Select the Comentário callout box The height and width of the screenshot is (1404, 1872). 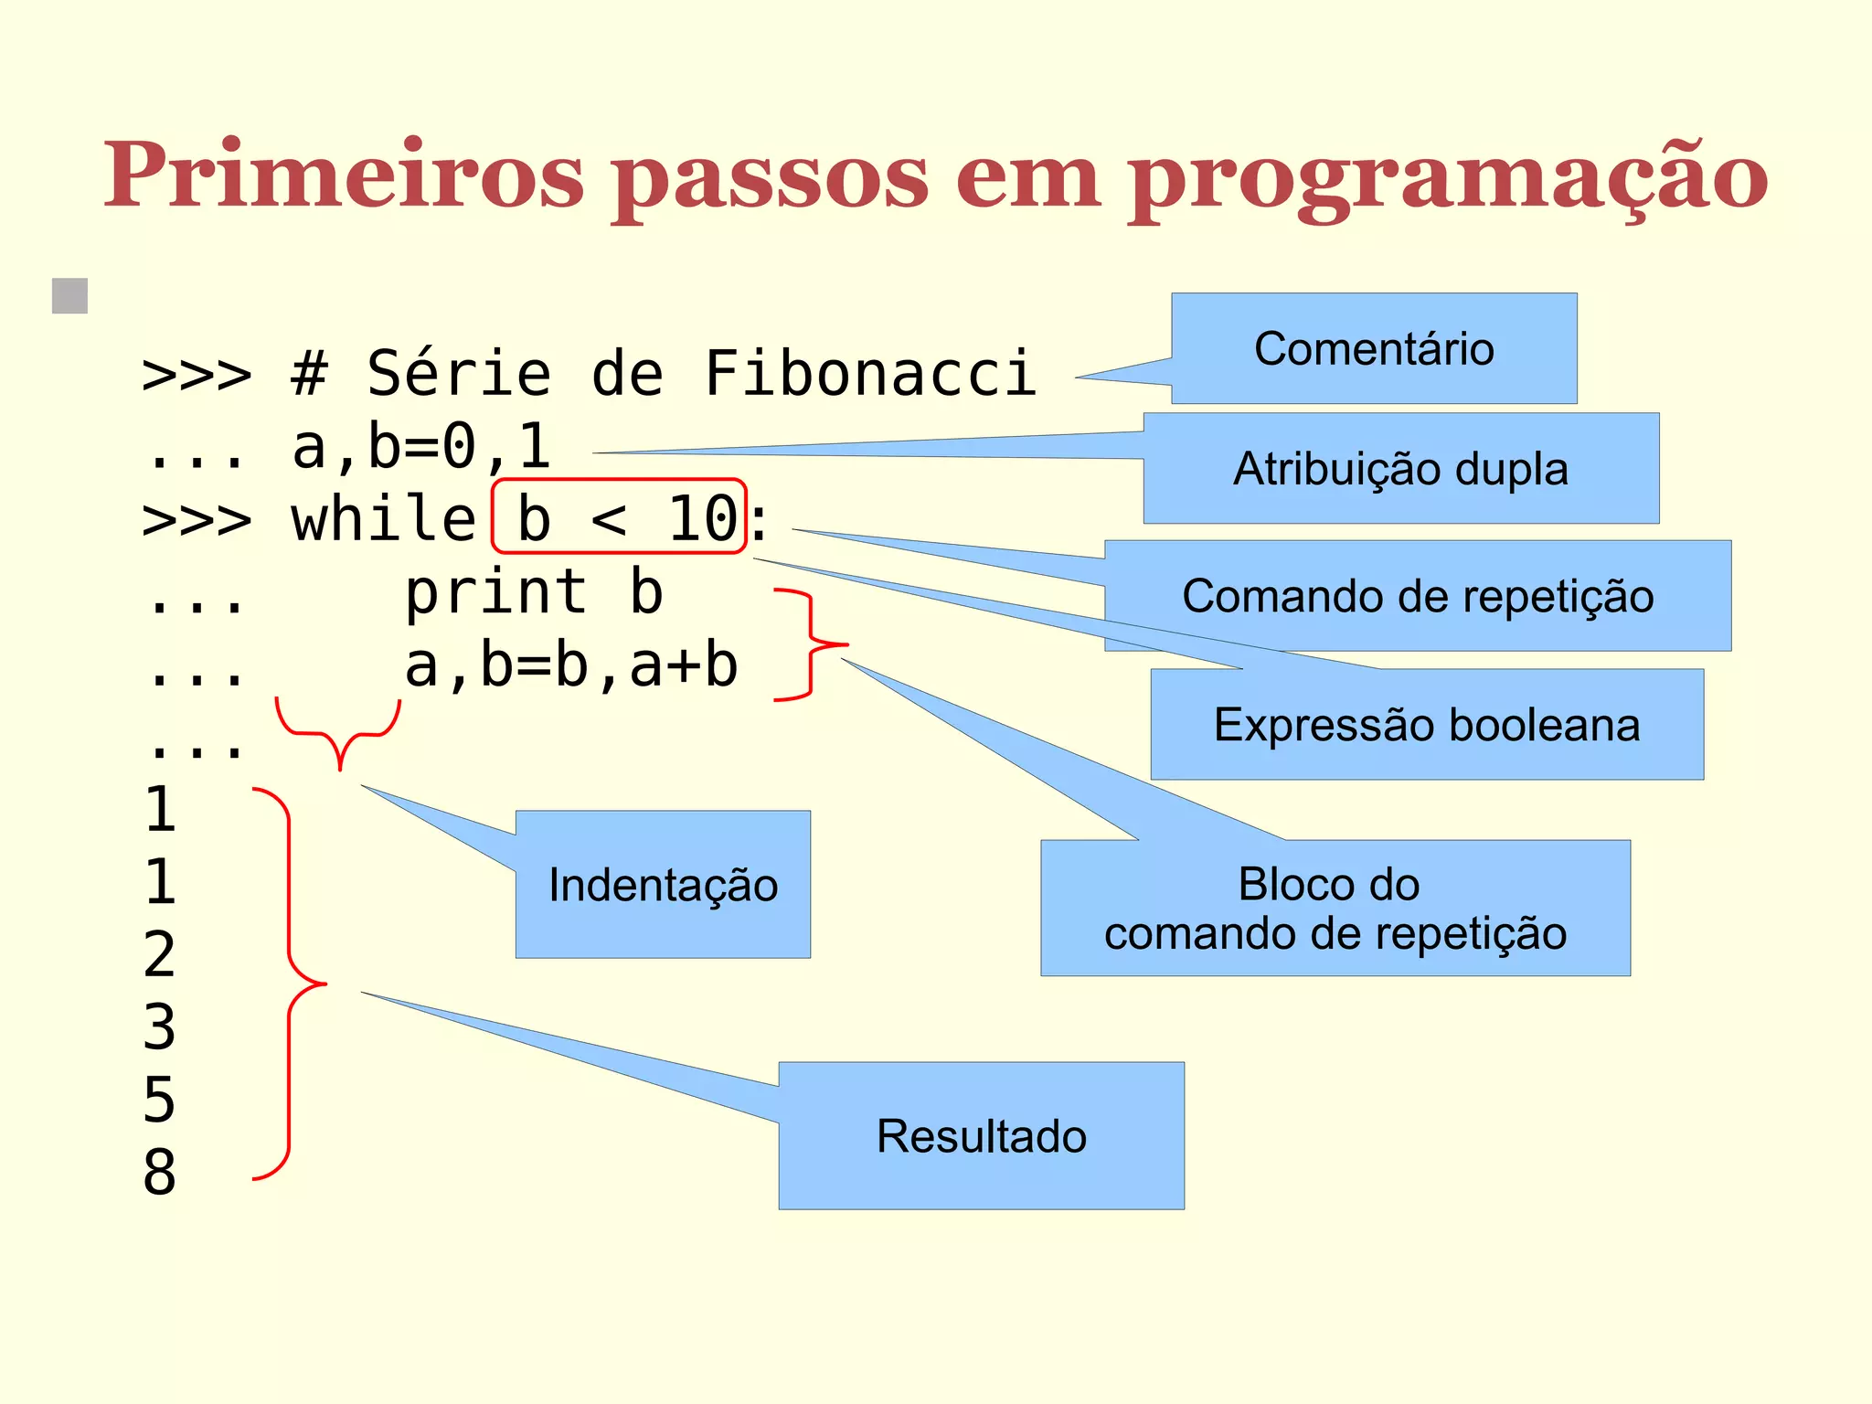pyautogui.click(x=1374, y=348)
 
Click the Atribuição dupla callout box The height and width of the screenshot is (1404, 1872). pyautogui.click(x=1400, y=468)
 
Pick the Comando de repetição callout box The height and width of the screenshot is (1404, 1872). pyautogui.click(x=1417, y=596)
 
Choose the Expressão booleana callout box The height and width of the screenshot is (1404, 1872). pyautogui.click(x=1426, y=725)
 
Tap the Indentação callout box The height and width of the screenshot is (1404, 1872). pyautogui.click(x=663, y=885)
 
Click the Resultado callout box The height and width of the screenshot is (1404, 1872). pyautogui.click(x=981, y=1136)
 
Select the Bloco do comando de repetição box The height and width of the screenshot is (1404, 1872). pyautogui.click(x=1335, y=909)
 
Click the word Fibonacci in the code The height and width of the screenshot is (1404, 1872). pyautogui.click(x=870, y=374)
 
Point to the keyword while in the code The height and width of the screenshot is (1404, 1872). pyautogui.click(x=384, y=519)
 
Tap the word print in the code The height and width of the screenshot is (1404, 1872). pyautogui.click(x=496, y=593)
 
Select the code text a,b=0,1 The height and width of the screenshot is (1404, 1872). pyautogui.click(x=421, y=447)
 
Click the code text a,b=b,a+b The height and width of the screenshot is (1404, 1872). pyautogui.click(x=571, y=665)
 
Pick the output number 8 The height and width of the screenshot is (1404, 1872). pyautogui.click(x=159, y=1172)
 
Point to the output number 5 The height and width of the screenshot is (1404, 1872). pyautogui.click(x=159, y=1100)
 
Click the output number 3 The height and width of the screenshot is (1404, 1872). pyautogui.click(x=159, y=1026)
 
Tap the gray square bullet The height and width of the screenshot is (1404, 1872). pyautogui.click(x=70, y=296)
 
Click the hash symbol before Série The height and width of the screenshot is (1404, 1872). pyautogui.click(x=309, y=374)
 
